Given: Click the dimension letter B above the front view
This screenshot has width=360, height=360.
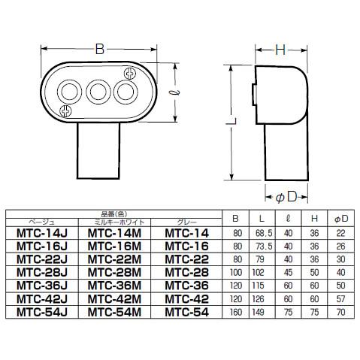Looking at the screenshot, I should [x=100, y=50].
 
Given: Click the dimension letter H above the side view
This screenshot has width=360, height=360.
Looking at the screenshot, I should [x=280, y=50].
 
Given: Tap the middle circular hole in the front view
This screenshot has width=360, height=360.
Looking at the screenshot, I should [x=98, y=93].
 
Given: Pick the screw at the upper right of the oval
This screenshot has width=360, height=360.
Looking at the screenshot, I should [x=129, y=75].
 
